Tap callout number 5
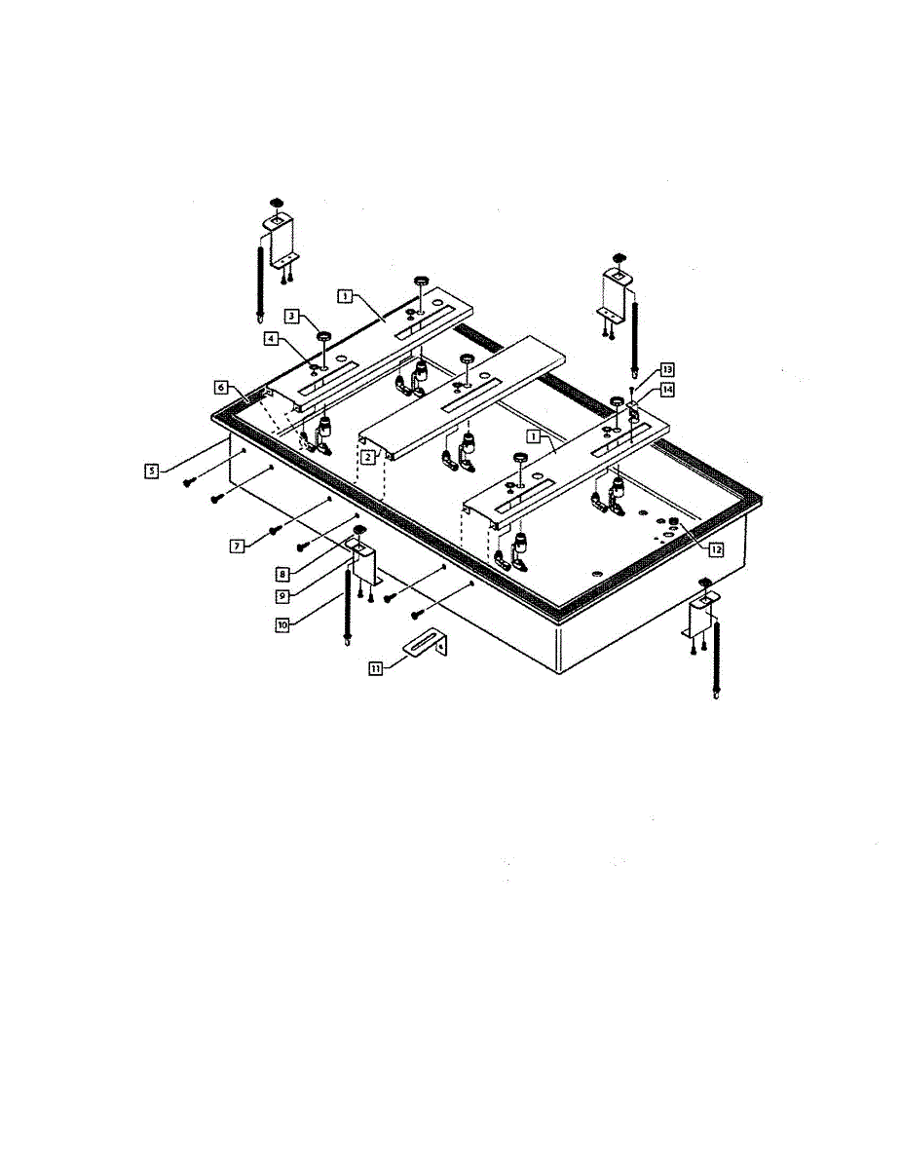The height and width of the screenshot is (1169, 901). coord(153,471)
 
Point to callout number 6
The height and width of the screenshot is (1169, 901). coord(223,388)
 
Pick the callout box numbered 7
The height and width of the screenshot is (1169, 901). coord(237,547)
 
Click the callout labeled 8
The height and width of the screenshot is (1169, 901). coord(282,575)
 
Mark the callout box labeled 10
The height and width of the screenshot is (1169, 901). coord(282,624)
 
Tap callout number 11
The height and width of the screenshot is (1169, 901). coord(375,667)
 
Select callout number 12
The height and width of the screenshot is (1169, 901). coord(716,549)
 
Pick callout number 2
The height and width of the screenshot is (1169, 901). coord(368,456)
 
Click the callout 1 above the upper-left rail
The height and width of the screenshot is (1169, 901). coord(346,292)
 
